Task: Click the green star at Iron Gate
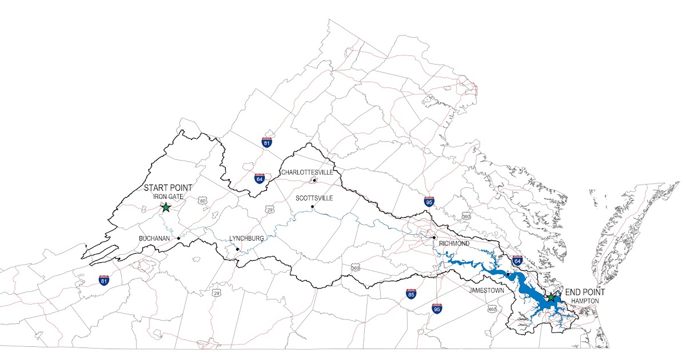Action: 166,207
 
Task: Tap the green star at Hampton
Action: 551,298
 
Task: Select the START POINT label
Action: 167,187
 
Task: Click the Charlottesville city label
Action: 306,172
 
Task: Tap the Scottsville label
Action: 314,198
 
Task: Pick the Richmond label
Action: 454,243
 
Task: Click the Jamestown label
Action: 486,290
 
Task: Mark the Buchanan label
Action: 154,238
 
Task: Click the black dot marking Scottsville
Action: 312,206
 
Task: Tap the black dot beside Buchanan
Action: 178,238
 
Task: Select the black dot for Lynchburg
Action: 237,249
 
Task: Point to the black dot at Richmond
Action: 434,238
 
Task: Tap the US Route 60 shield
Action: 203,201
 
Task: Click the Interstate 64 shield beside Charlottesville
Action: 260,178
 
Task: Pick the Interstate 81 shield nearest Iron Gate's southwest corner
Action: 103,280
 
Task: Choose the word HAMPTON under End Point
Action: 584,300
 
